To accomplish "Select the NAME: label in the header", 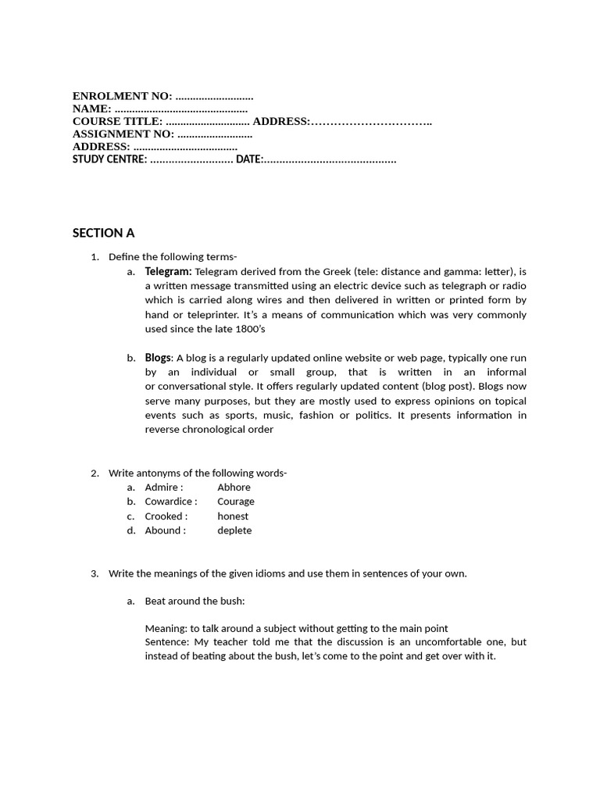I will click(x=92, y=109).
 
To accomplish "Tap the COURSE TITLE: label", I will click(x=118, y=121).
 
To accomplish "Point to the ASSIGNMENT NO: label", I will click(x=123, y=134).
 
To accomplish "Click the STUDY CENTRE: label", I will click(x=109, y=159).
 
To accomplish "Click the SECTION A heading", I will click(x=103, y=233).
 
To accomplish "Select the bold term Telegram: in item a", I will click(x=168, y=272).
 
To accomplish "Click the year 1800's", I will click(x=249, y=329).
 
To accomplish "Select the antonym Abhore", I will click(x=234, y=487).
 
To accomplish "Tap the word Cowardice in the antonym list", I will click(x=169, y=502).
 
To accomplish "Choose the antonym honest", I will click(x=233, y=516).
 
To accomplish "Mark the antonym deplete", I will click(x=234, y=530).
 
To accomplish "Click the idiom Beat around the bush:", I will click(x=195, y=601).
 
